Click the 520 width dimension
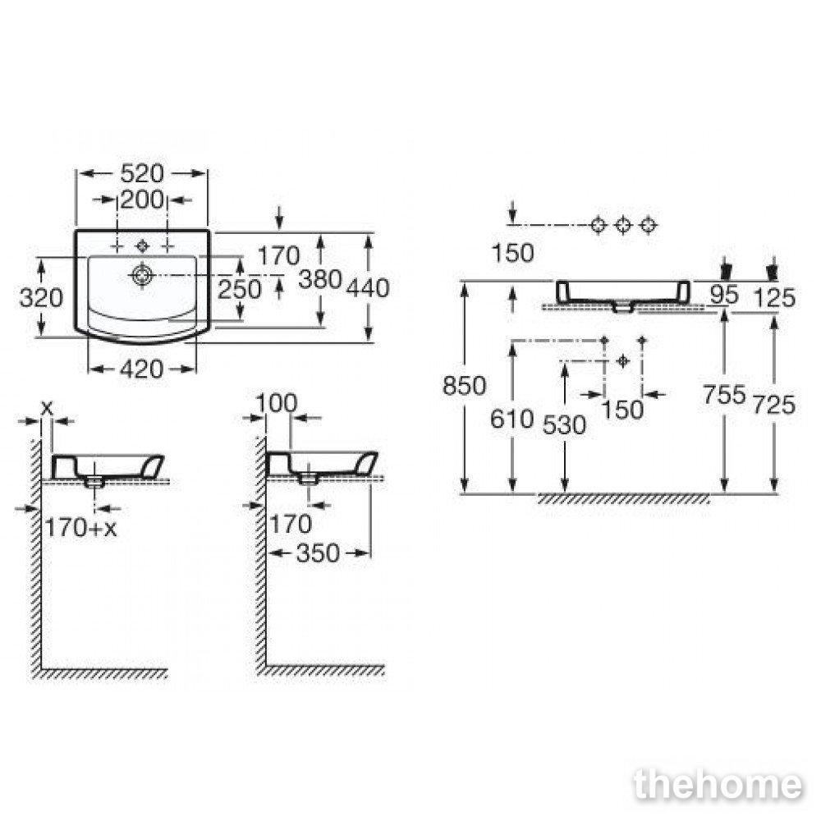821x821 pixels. point(142,173)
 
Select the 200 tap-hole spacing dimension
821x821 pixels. point(142,200)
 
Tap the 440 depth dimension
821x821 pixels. point(368,288)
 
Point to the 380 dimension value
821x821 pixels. point(320,279)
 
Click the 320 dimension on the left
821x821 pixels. point(41,298)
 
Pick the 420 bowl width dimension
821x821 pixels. point(142,369)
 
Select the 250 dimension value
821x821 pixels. point(239,289)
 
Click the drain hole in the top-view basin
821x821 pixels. point(141,275)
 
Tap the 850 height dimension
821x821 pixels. point(465,386)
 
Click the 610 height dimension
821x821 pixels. point(511,419)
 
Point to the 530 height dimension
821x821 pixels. point(564,425)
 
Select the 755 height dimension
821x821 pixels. point(724,394)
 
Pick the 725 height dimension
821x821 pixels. point(774,405)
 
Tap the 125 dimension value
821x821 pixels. point(774,298)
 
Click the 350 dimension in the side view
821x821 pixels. point(318,553)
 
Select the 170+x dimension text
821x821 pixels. point(81,527)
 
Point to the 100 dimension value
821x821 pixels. point(277,403)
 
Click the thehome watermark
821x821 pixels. point(718,784)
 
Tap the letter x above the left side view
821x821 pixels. point(47,407)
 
